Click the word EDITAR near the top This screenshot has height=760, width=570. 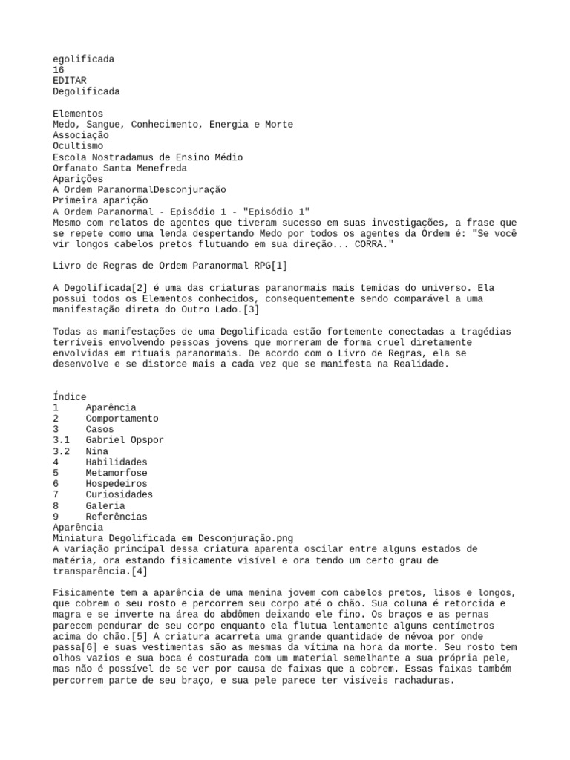(70, 80)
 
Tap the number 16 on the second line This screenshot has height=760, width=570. (59, 69)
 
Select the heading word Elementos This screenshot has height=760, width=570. (78, 114)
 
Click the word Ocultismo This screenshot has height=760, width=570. (78, 146)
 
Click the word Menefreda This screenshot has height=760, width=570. (162, 168)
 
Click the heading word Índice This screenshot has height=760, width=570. (70, 397)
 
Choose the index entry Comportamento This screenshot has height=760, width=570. (122, 419)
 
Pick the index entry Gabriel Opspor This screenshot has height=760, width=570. (125, 440)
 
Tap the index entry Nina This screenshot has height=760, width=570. (96, 451)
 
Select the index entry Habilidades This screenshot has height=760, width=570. (117, 462)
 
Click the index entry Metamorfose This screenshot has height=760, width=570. (117, 473)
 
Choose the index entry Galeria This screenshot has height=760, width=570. (105, 505)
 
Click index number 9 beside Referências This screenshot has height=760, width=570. (56, 517)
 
